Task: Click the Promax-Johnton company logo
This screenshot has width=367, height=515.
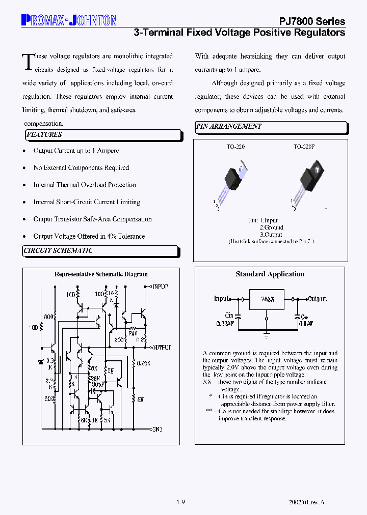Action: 69,20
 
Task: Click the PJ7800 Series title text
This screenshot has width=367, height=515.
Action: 312,21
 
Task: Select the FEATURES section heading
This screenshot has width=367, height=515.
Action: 44,135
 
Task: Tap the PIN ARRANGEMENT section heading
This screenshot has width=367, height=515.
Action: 229,127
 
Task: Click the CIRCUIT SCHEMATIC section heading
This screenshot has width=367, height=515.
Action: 59,251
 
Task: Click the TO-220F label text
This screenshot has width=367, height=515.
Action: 304,147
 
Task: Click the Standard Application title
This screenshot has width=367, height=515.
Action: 270,274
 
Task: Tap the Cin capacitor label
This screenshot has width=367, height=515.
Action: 229,316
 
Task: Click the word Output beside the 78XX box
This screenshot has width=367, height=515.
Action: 317,299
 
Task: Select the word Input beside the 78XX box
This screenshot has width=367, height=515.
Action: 221,299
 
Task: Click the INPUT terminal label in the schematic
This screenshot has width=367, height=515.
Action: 161,288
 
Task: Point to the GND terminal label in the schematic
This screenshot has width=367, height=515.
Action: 158,430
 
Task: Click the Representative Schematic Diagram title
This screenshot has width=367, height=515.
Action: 101,274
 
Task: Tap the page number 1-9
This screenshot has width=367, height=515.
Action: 181,503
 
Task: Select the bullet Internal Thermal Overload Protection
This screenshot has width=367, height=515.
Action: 85,185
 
